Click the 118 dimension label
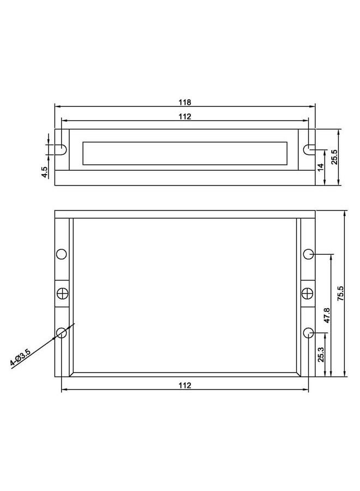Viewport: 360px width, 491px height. (x=185, y=102)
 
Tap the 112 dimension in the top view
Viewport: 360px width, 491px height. (x=185, y=116)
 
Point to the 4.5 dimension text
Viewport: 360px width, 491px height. (x=45, y=172)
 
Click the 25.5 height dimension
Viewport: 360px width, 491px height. (x=334, y=157)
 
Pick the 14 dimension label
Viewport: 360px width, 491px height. (x=320, y=167)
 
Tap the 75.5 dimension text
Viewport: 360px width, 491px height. (x=340, y=294)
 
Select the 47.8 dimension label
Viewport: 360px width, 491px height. (x=327, y=315)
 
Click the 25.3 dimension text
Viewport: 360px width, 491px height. (x=321, y=355)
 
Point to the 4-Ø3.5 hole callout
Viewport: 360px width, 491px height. (x=20, y=357)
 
